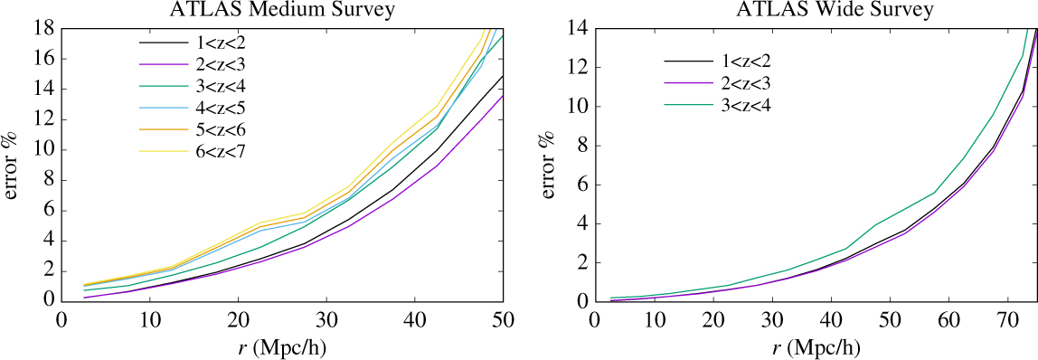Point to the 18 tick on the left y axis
pyautogui.click(x=43, y=28)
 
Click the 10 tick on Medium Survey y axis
pyautogui.click(x=43, y=150)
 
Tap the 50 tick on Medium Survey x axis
pyautogui.click(x=503, y=320)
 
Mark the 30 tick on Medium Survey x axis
pyautogui.click(x=326, y=320)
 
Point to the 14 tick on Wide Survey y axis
pyautogui.click(x=576, y=28)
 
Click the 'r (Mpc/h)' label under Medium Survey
pyautogui.click(x=282, y=346)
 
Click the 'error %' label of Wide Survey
pyautogui.click(x=550, y=166)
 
